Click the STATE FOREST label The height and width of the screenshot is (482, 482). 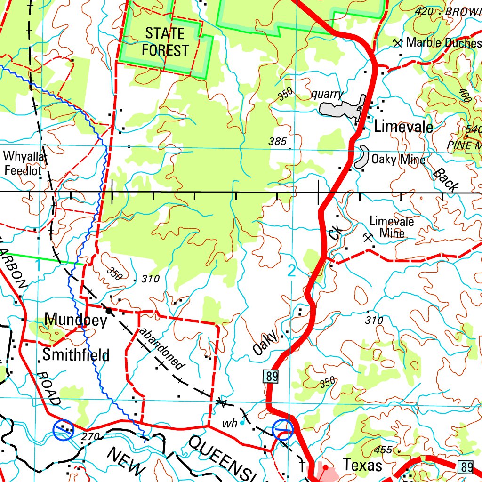coord(165,42)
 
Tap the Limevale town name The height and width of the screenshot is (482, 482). coord(403,127)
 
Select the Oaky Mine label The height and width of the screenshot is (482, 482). coord(398,160)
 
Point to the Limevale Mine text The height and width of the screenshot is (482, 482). coord(392,227)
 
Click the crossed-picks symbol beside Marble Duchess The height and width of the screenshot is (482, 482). coord(398,43)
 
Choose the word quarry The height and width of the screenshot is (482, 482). coord(327,94)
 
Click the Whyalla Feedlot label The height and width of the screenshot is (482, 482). coord(24,163)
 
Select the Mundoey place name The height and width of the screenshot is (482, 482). coord(76,321)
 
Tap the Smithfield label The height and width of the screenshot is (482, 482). coord(76,355)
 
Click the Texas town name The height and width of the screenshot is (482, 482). coord(362,465)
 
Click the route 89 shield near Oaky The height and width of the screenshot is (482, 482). coord(272,376)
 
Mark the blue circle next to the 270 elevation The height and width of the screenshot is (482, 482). coord(63,429)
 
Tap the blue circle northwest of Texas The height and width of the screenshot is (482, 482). coord(283,429)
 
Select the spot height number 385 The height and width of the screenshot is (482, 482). coord(277,141)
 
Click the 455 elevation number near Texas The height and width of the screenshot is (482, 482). coord(385,450)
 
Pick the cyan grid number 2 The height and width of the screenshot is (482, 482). coord(291,271)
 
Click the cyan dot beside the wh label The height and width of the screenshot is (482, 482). coord(242,423)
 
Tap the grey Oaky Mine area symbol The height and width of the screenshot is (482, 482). coord(362,157)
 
